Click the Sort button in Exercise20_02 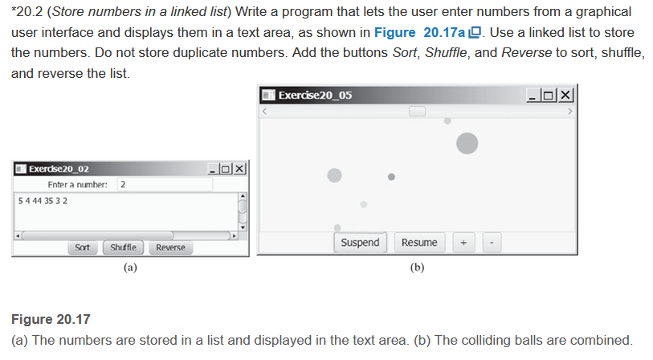(x=82, y=247)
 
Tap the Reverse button (x=170, y=247)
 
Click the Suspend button (x=360, y=243)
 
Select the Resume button (x=419, y=243)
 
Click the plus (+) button (x=464, y=243)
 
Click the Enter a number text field (x=164, y=185)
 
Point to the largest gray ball (x=467, y=143)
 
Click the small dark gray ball (x=391, y=177)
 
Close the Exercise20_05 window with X (x=566, y=96)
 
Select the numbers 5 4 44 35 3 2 (x=42, y=200)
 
